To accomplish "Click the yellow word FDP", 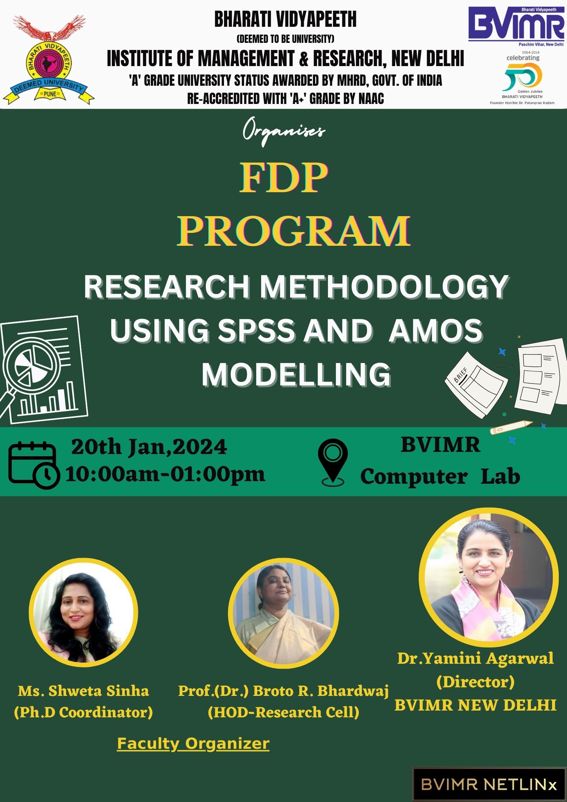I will coord(283,178).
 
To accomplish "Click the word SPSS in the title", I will coord(257,330).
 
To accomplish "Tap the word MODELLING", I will coord(296,374).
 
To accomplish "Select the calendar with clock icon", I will coord(33,464).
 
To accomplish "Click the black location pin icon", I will coord(333,462).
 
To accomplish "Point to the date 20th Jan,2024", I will coord(149,447).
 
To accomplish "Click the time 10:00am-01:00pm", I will coord(165,474).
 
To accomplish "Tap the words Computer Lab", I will coord(440,477).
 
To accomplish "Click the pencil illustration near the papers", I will coord(511,427).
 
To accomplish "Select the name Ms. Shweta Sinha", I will coord(84,691).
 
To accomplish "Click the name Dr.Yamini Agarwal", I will coord(476,658).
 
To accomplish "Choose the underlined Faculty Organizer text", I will coord(193,744).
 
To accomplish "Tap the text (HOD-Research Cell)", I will coord(283,712).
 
